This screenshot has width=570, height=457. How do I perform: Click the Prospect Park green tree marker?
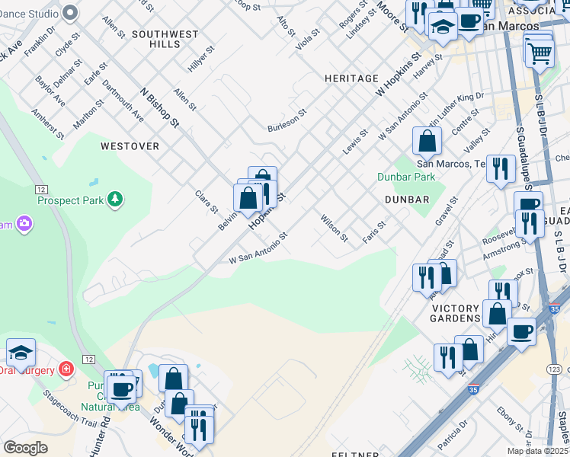pyautogui.click(x=115, y=200)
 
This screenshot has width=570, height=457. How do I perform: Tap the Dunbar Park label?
pyautogui.click(x=406, y=177)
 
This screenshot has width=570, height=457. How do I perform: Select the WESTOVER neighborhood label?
pyautogui.click(x=130, y=145)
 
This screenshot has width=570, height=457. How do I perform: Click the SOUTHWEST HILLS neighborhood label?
pyautogui.click(x=165, y=40)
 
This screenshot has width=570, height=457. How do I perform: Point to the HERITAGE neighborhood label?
pyautogui.click(x=351, y=78)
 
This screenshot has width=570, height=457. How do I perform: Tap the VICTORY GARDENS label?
pyautogui.click(x=456, y=313)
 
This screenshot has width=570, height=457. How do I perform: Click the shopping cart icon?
pyautogui.click(x=540, y=53)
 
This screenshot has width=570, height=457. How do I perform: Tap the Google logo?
pyautogui.click(x=25, y=448)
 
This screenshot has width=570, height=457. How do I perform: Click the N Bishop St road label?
pyautogui.click(x=159, y=107)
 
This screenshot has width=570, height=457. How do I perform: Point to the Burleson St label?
pyautogui.click(x=287, y=119)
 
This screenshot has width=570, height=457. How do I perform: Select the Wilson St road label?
pyautogui.click(x=334, y=228)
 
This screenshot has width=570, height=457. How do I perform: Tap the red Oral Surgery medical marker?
pyautogui.click(x=67, y=369)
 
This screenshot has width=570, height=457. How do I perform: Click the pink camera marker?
pyautogui.click(x=24, y=223)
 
